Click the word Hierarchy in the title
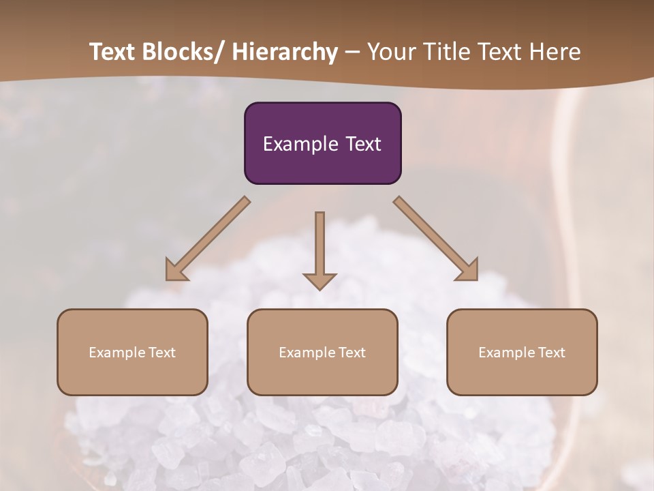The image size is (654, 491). [x=285, y=52]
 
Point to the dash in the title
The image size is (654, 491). [x=352, y=52]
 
